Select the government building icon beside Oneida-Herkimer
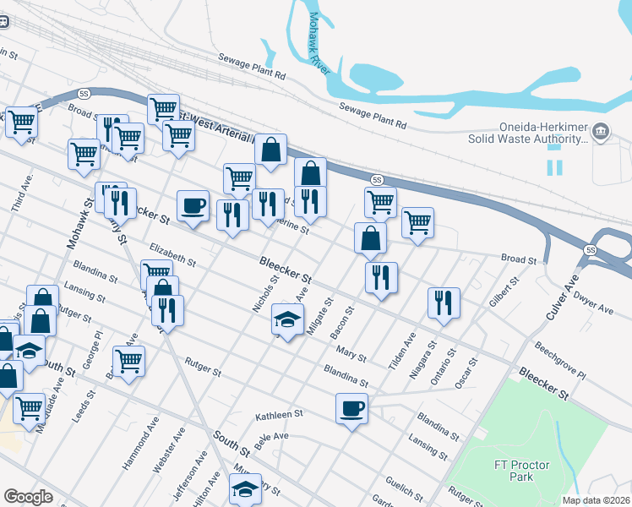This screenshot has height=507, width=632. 601,131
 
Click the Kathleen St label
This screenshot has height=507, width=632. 279,416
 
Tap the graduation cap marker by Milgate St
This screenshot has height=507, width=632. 287,321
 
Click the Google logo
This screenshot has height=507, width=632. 28,497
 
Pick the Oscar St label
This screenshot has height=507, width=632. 467,372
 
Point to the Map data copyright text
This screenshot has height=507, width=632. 597,500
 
